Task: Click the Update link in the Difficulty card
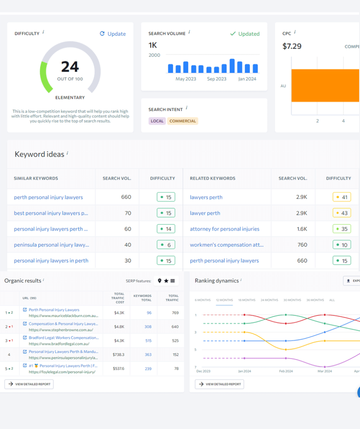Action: click(113, 34)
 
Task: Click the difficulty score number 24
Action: click(70, 67)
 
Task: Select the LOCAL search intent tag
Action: click(157, 121)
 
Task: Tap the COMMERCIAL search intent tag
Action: click(183, 121)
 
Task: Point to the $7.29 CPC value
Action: click(292, 46)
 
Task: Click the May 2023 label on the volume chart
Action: click(186, 79)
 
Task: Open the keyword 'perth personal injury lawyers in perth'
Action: click(51, 261)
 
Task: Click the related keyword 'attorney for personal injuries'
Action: click(224, 229)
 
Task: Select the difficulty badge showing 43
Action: click(342, 213)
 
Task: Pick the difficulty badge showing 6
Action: click(166, 245)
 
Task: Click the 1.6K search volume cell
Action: click(302, 229)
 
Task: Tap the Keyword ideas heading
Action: click(39, 155)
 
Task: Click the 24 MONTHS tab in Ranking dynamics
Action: click(269, 300)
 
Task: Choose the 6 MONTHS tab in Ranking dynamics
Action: click(203, 300)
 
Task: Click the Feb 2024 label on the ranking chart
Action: click(286, 371)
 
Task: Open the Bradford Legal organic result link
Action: click(63, 338)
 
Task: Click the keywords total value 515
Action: click(148, 341)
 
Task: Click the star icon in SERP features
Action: click(166, 281)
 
